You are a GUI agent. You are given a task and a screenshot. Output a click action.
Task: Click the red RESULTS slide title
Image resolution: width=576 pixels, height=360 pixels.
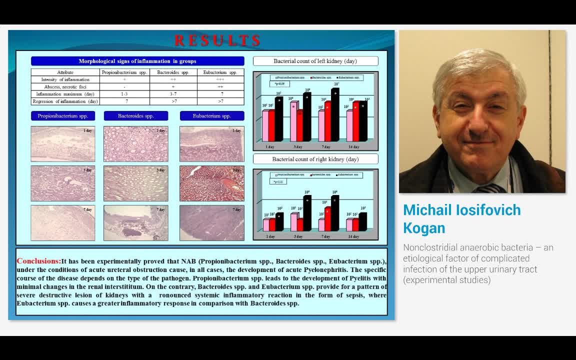click(x=217, y=40)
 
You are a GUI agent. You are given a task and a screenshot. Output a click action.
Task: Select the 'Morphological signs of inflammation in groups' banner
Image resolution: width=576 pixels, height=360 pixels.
click(x=137, y=61)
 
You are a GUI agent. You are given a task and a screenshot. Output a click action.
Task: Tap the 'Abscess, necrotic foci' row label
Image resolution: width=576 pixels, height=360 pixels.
click(x=65, y=87)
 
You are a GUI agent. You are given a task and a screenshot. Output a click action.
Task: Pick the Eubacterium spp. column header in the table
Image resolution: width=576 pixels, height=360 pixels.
click(x=220, y=72)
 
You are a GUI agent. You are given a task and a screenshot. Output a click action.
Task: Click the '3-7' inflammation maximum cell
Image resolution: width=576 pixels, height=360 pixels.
click(x=173, y=94)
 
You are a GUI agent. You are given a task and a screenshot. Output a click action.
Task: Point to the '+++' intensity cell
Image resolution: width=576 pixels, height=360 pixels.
click(x=220, y=79)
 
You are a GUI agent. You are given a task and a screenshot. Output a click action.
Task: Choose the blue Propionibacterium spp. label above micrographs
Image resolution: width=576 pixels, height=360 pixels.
click(x=63, y=116)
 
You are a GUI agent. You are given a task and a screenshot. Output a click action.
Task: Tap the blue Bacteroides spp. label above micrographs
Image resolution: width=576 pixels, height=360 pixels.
click(x=135, y=116)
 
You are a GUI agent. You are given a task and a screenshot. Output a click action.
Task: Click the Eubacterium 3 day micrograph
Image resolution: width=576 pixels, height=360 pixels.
click(x=212, y=183)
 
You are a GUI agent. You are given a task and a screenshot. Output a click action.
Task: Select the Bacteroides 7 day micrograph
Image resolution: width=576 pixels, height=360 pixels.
click(x=135, y=223)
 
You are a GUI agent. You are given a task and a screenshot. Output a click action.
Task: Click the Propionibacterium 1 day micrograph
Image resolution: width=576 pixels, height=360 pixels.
click(x=63, y=144)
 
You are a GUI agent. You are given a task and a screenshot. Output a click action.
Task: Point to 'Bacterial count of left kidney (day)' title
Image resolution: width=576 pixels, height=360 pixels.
click(x=315, y=61)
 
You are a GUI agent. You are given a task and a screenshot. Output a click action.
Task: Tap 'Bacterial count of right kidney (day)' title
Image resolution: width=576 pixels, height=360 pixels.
click(x=315, y=159)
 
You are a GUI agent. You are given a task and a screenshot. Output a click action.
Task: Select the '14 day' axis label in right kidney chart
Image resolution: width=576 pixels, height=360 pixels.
click(x=353, y=236)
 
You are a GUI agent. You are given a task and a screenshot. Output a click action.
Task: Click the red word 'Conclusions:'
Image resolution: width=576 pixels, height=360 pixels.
click(x=39, y=261)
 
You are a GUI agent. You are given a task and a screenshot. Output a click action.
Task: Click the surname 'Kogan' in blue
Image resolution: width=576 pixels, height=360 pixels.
click(x=424, y=228)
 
